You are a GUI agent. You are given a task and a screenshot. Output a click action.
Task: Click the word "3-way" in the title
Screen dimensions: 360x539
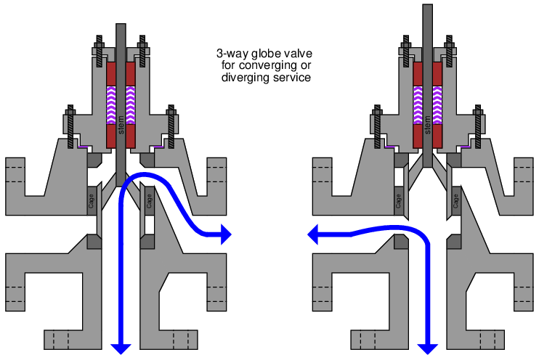232,54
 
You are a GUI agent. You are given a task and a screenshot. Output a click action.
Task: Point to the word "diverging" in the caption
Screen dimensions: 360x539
243,77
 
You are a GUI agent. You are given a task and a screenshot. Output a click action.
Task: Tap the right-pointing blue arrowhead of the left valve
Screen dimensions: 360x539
225,234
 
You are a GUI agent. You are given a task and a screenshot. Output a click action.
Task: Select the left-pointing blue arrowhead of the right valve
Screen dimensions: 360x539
313,234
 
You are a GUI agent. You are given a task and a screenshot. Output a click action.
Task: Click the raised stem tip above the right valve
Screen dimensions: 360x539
427,15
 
